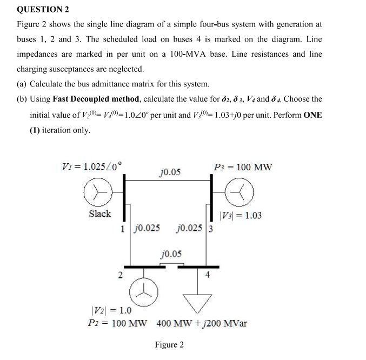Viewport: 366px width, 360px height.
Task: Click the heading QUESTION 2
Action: pos(43,10)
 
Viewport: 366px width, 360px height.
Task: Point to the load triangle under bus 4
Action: pos(200,304)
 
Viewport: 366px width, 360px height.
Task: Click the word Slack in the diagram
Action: pos(99,214)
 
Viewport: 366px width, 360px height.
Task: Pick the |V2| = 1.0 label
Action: pos(110,311)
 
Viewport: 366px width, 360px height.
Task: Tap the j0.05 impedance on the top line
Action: pos(170,172)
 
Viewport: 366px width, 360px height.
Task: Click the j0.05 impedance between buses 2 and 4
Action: pos(171,254)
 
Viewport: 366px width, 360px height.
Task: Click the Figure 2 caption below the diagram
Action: pos(169,345)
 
